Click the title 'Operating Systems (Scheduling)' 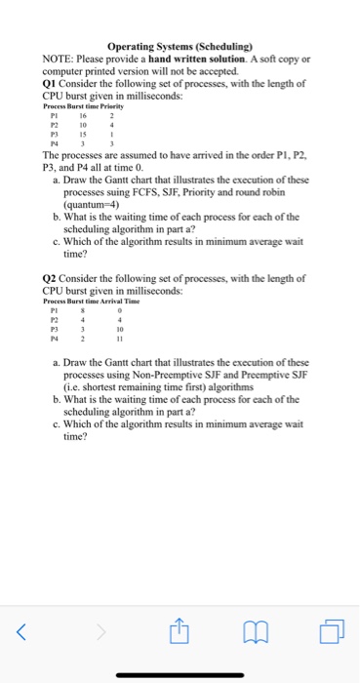[x=180, y=46]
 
